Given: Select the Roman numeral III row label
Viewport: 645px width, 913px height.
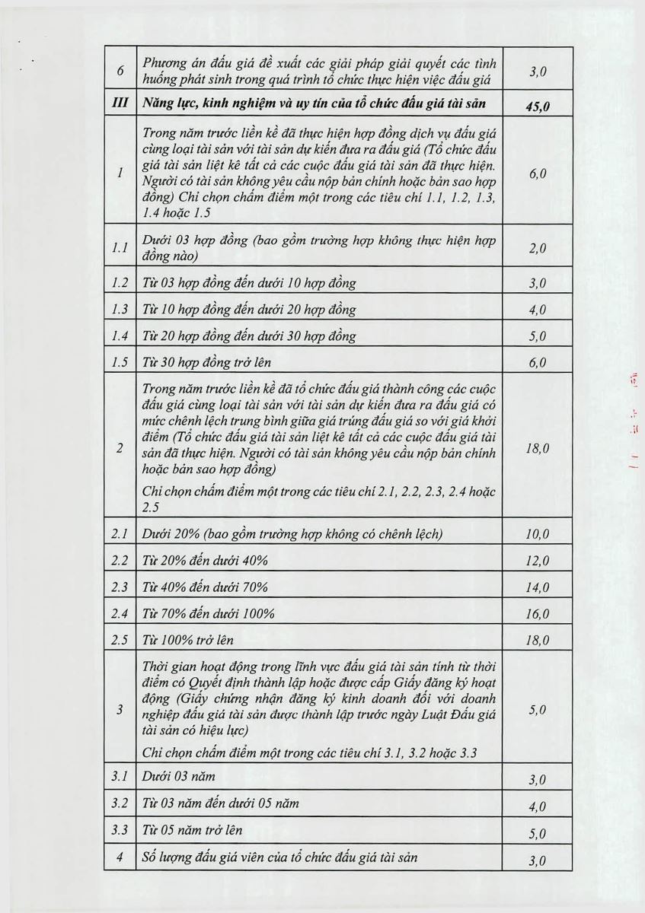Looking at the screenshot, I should coord(120,104).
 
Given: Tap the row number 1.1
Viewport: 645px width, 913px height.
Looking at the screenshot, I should coord(120,248).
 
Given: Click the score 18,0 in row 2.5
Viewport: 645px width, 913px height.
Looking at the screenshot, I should coord(537,641).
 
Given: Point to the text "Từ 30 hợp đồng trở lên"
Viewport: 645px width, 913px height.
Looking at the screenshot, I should coord(206,362).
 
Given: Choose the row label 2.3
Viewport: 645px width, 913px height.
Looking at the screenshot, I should coord(120,587).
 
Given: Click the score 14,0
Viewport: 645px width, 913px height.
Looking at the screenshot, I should coord(537,588).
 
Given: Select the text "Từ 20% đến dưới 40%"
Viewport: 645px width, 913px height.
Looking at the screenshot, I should coord(205,561).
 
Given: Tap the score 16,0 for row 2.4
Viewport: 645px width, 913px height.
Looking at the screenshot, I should coord(537,615).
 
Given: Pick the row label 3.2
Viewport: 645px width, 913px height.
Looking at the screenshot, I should coord(120,803).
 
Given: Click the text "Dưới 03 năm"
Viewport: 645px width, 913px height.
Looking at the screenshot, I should coord(179,777).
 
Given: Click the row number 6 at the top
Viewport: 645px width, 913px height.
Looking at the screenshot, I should coord(120,71).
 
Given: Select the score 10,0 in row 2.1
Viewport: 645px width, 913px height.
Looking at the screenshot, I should coord(537,535).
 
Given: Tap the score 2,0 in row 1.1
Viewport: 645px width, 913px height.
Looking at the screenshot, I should coord(537,250).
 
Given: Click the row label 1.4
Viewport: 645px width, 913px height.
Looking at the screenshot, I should coord(120,336).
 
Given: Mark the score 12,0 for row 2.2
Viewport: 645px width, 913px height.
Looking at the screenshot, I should coord(537,561).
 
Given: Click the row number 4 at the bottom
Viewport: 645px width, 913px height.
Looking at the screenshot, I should coord(120,857).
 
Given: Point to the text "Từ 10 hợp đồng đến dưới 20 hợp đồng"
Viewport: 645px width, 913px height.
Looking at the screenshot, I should coord(249,310).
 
